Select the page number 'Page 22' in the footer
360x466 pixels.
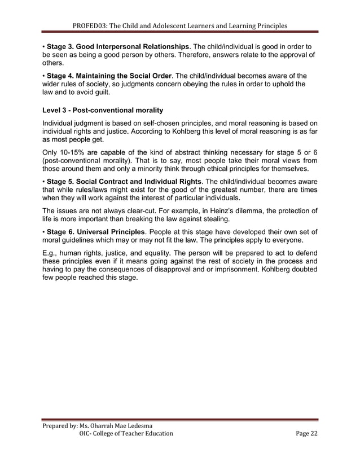tap(306, 433)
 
